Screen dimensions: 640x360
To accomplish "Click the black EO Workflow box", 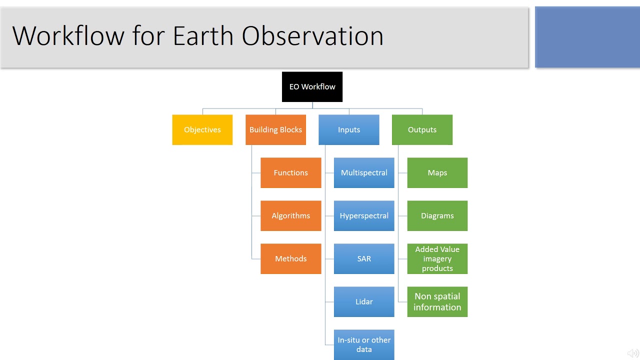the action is (x=312, y=87).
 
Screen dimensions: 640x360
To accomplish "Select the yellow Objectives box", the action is (x=202, y=129).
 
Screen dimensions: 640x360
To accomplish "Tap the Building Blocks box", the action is (x=275, y=129).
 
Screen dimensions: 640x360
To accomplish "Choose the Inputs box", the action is (x=349, y=129).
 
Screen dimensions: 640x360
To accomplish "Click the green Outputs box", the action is (x=422, y=129).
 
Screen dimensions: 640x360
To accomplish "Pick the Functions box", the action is (x=291, y=173).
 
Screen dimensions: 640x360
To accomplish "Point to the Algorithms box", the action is (x=291, y=215).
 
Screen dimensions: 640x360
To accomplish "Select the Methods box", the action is (x=291, y=259).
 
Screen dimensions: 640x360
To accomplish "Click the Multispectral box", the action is (x=364, y=173).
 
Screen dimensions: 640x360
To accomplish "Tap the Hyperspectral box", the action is (x=364, y=215).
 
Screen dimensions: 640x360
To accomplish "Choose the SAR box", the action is (x=364, y=259).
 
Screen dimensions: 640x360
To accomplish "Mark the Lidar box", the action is (x=364, y=301).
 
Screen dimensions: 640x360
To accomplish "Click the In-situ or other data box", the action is (x=364, y=344).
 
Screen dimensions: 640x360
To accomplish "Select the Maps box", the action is (x=437, y=173).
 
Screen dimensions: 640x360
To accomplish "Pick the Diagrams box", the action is (x=437, y=215).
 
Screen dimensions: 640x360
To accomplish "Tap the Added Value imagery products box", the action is (x=437, y=259).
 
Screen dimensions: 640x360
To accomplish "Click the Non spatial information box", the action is (x=437, y=301).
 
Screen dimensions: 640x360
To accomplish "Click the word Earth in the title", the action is (x=203, y=35).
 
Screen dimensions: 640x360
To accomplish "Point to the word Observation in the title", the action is (x=312, y=35).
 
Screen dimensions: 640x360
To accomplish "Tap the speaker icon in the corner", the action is (x=633, y=353).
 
